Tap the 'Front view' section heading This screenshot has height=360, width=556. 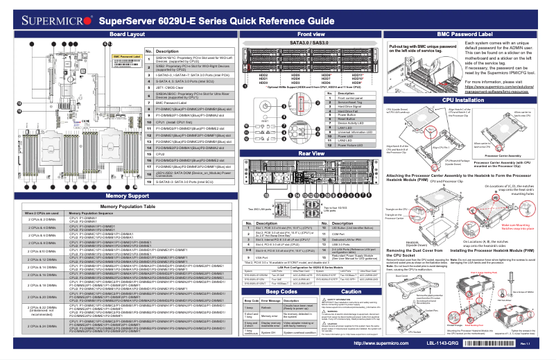(x=311, y=34)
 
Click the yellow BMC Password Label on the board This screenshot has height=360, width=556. (x=126, y=55)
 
